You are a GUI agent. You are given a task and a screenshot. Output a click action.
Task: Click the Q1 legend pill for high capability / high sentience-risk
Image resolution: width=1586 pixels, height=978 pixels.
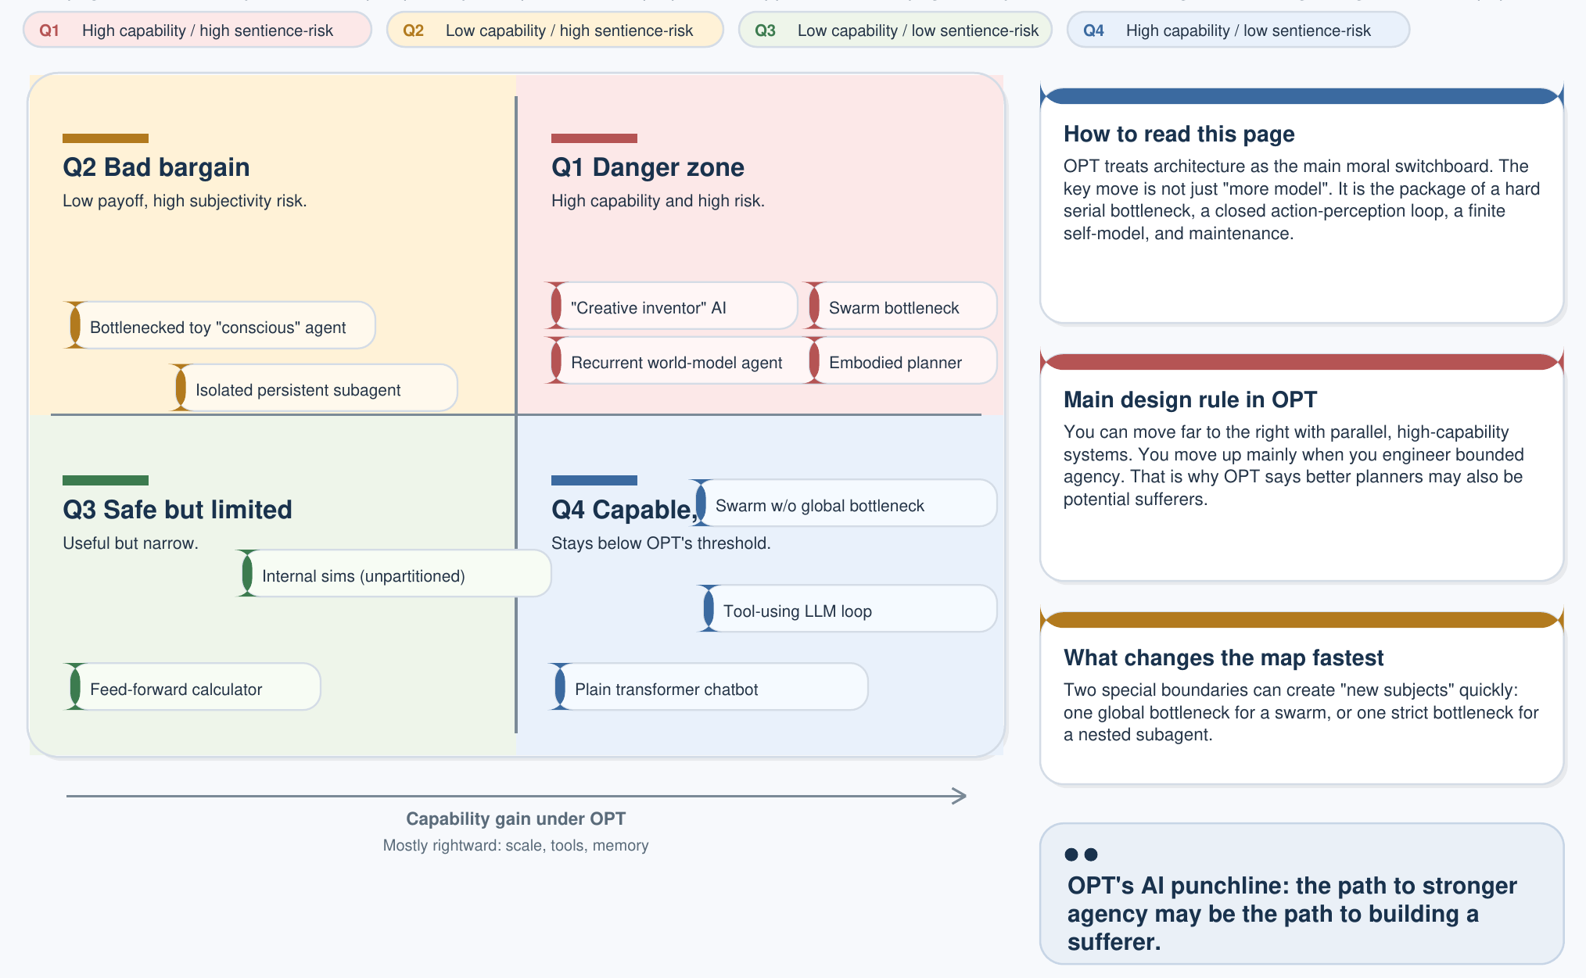pos(197,30)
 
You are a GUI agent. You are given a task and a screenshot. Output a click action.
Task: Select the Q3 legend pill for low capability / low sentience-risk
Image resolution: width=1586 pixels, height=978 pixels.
pos(895,30)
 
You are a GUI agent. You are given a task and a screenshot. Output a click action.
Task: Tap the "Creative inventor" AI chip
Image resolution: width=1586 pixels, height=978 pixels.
pos(671,306)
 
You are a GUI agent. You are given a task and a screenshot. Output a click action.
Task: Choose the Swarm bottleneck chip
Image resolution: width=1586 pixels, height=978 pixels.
pos(900,306)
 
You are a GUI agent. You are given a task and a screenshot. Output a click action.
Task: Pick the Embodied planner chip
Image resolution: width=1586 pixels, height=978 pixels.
pos(900,361)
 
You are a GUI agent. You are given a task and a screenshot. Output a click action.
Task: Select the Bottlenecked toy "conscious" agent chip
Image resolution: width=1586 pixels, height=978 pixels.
pos(220,326)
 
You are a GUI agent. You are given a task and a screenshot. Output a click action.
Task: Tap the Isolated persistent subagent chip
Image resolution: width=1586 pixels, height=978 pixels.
pos(314,389)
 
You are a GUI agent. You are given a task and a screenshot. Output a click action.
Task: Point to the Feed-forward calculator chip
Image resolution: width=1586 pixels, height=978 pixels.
pos(192,688)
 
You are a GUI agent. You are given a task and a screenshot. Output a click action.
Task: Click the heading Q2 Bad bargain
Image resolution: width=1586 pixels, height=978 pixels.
pos(156,167)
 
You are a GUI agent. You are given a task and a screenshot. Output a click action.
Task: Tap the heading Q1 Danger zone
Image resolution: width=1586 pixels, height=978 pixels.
pos(648,167)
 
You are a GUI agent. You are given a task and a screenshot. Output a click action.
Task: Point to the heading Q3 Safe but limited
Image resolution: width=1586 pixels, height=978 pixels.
pos(178,510)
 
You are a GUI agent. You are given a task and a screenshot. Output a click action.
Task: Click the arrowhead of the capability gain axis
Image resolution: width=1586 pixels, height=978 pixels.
pos(960,796)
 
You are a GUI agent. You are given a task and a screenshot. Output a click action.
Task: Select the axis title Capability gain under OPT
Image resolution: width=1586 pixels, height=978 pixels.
pos(515,819)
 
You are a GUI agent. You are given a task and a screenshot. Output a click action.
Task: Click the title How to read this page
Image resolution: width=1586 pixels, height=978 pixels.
pos(1179,134)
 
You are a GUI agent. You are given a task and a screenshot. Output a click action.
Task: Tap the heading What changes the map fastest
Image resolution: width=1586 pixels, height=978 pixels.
pos(1223,657)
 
